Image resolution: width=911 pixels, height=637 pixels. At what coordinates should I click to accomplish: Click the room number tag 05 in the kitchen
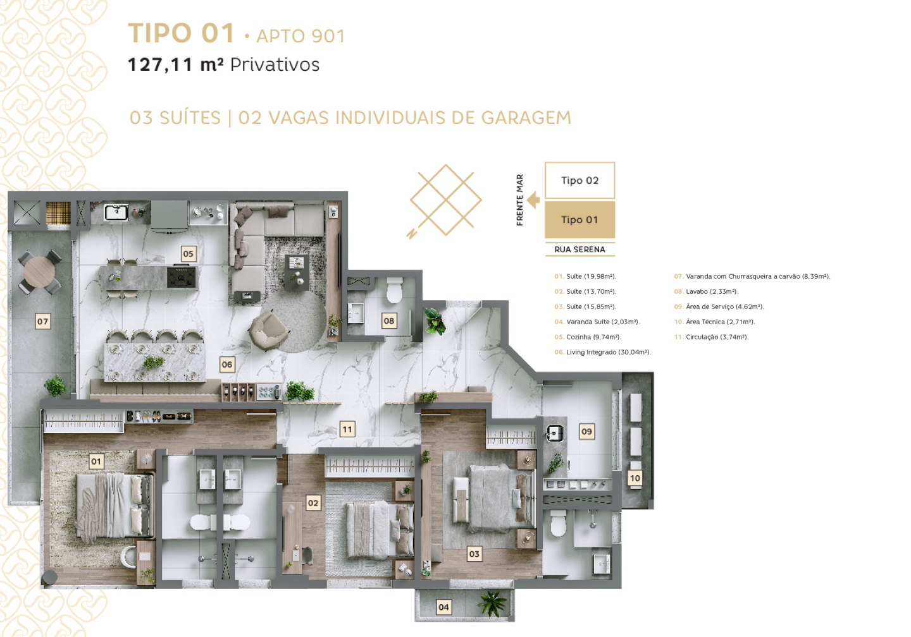(x=188, y=254)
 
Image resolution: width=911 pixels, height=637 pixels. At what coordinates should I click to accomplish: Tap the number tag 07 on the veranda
(x=43, y=322)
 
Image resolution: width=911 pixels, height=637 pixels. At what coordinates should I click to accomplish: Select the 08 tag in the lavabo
(x=389, y=321)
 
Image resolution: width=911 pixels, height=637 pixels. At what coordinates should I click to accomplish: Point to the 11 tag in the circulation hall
(x=347, y=430)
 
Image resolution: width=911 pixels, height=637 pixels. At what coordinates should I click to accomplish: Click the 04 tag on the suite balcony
(x=443, y=607)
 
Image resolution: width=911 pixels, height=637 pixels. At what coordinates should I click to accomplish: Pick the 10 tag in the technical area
(x=635, y=478)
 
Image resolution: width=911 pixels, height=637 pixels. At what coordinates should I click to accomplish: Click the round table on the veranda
(x=39, y=272)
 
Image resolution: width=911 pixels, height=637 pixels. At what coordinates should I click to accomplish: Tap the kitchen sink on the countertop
(x=116, y=212)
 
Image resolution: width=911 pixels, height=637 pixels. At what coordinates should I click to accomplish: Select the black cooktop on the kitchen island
(x=182, y=277)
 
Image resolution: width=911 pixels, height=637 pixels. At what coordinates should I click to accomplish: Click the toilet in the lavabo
(x=394, y=290)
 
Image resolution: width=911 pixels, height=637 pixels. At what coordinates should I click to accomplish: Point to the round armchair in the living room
(x=268, y=329)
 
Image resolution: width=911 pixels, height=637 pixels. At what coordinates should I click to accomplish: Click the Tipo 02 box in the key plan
(x=579, y=180)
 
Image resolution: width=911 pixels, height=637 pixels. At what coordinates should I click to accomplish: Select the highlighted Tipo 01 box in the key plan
(x=579, y=220)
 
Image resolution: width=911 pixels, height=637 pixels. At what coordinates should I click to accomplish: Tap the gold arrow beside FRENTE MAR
(x=533, y=200)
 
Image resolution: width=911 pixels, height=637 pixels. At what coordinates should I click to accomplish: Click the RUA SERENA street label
(x=579, y=250)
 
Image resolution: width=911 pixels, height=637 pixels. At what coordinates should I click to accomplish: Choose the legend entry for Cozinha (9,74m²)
(x=588, y=337)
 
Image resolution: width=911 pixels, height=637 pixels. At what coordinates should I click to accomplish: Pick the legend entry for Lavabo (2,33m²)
(x=706, y=291)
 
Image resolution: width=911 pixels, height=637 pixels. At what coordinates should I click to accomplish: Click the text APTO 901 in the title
(x=301, y=36)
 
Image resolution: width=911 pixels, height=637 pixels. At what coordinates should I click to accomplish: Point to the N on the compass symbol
(x=411, y=234)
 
